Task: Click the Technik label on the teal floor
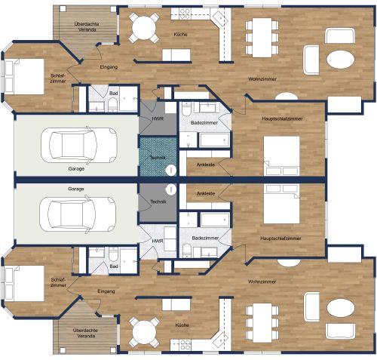[x=158, y=157]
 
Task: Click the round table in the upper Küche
[x=143, y=27]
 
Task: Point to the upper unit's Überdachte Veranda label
[x=84, y=27]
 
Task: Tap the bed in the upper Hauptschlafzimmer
[x=282, y=154]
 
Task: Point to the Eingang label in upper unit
[x=110, y=68]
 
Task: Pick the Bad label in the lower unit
[x=114, y=266]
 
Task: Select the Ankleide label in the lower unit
[x=205, y=194]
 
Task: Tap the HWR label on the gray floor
[x=158, y=118]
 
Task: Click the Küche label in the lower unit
[x=181, y=325]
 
